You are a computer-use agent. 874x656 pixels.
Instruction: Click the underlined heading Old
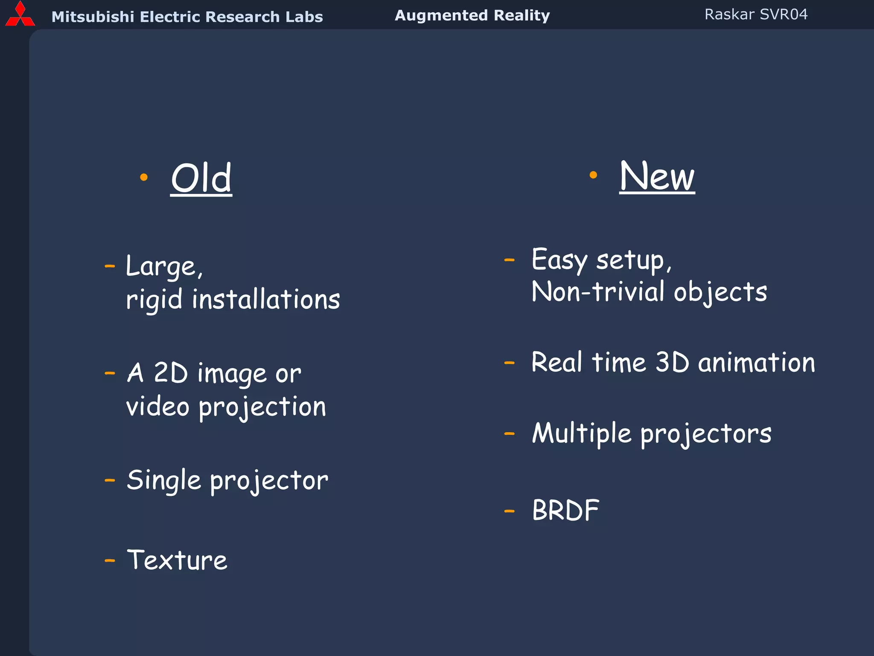pyautogui.click(x=201, y=179)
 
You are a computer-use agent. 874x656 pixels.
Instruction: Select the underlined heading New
pyautogui.click(x=657, y=176)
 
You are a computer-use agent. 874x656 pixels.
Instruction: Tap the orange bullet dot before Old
pyautogui.click(x=144, y=177)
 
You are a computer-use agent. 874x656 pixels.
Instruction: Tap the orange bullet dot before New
pyautogui.click(x=593, y=175)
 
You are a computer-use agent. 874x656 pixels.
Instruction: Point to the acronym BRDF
pyautogui.click(x=565, y=510)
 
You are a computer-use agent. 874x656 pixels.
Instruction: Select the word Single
pyautogui.click(x=164, y=480)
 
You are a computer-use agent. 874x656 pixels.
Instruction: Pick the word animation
pyautogui.click(x=756, y=363)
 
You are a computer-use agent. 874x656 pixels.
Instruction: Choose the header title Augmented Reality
pyautogui.click(x=472, y=15)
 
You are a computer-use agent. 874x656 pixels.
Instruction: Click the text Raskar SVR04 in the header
pyautogui.click(x=756, y=15)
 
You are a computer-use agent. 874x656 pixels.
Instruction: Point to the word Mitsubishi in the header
pyautogui.click(x=93, y=17)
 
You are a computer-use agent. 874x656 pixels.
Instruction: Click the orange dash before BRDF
pyautogui.click(x=509, y=511)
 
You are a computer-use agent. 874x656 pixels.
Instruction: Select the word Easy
pyautogui.click(x=559, y=260)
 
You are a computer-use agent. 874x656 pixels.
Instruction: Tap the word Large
pyautogui.click(x=161, y=266)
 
